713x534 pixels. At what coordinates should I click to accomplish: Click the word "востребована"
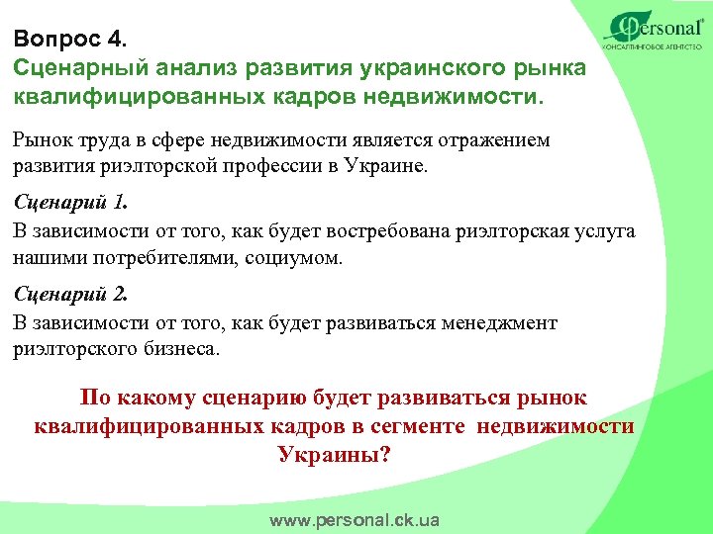tap(391, 232)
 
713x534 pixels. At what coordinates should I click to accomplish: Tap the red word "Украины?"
tap(335, 455)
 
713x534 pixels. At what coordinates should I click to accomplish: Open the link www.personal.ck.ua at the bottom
tap(355, 520)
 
